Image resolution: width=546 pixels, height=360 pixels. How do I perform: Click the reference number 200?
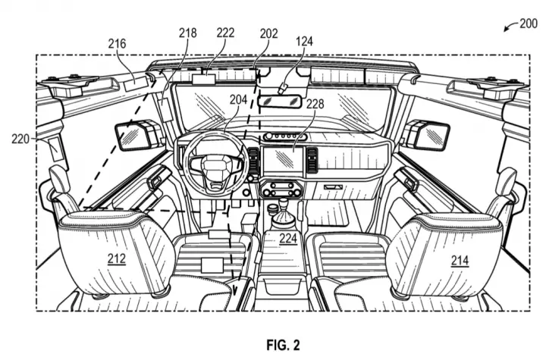click(529, 23)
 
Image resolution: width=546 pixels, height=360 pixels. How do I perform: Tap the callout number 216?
click(117, 44)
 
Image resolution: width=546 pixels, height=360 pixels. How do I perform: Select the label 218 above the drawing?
click(188, 33)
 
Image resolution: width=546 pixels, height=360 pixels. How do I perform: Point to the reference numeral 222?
click(225, 33)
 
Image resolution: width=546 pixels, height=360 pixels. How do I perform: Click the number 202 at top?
click(268, 33)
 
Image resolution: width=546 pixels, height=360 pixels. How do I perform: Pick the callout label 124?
click(304, 42)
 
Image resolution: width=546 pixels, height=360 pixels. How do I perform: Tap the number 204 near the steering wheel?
click(238, 99)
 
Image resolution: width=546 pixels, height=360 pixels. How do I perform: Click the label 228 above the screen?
click(315, 104)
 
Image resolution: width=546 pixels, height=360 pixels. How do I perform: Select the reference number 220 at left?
click(20, 139)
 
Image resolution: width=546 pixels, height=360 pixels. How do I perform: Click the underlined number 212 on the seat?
click(116, 258)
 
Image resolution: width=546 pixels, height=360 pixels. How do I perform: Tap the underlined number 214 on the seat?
click(460, 260)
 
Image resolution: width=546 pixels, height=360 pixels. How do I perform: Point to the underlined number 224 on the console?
click(288, 239)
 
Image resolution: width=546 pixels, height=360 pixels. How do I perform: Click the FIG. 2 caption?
click(283, 345)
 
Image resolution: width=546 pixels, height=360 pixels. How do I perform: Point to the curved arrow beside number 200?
click(510, 27)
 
